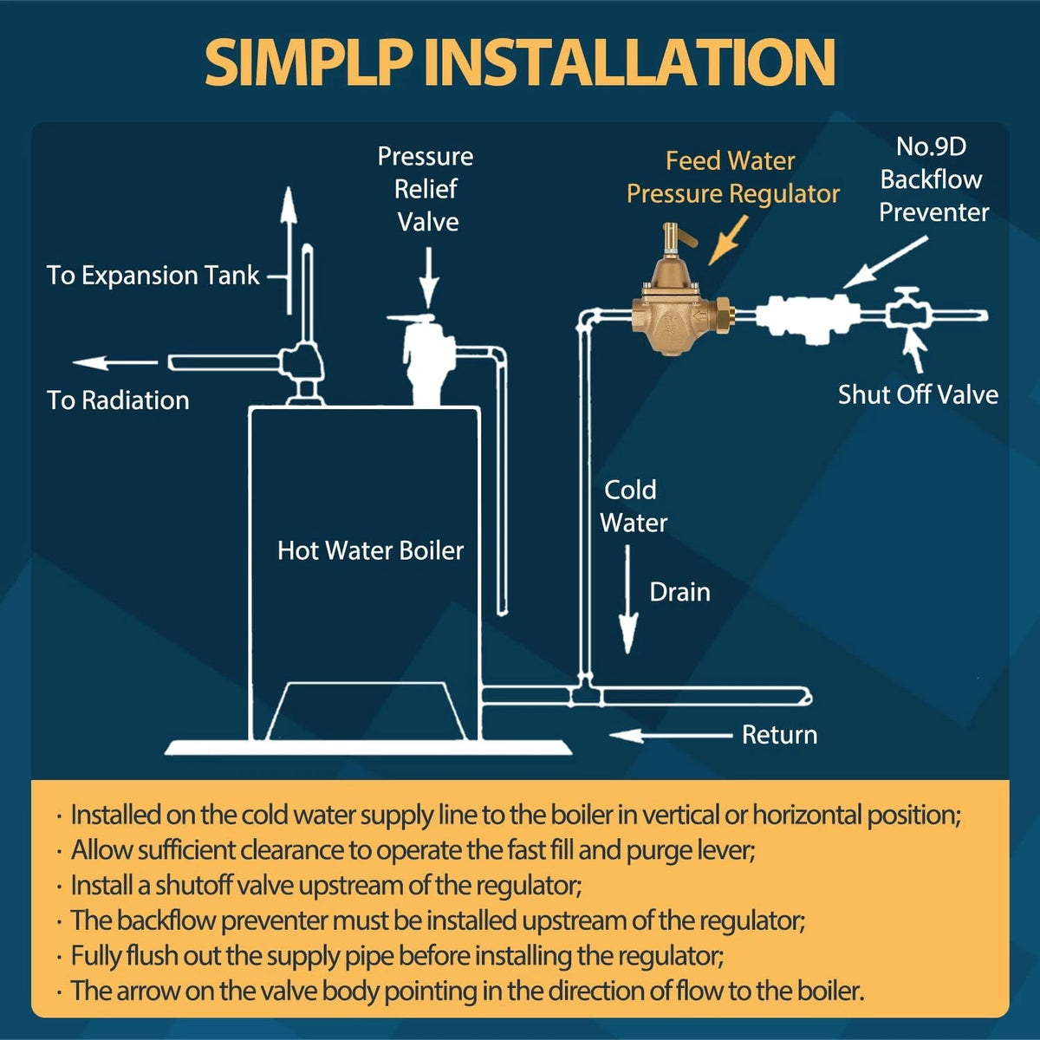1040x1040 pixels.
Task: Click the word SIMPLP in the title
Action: tap(308, 62)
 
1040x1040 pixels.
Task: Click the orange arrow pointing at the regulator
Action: tap(728, 240)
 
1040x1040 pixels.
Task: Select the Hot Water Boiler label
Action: tap(370, 550)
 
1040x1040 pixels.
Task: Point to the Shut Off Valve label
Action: tap(918, 394)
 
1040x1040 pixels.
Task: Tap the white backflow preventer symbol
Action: tap(807, 317)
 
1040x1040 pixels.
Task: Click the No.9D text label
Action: tap(931, 146)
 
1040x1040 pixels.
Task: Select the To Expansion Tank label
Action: tap(153, 276)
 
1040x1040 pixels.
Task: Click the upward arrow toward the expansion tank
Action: tap(289, 250)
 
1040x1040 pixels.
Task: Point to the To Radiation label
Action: tap(118, 400)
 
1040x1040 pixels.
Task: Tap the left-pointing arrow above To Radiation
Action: tap(115, 362)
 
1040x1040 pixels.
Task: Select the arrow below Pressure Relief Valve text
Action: tap(429, 278)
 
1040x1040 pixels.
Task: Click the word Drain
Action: tap(680, 592)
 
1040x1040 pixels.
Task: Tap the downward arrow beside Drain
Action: tap(627, 600)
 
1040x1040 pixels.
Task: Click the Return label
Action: tap(779, 735)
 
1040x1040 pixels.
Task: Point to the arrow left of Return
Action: tap(671, 735)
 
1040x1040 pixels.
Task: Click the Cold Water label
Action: tap(633, 506)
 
